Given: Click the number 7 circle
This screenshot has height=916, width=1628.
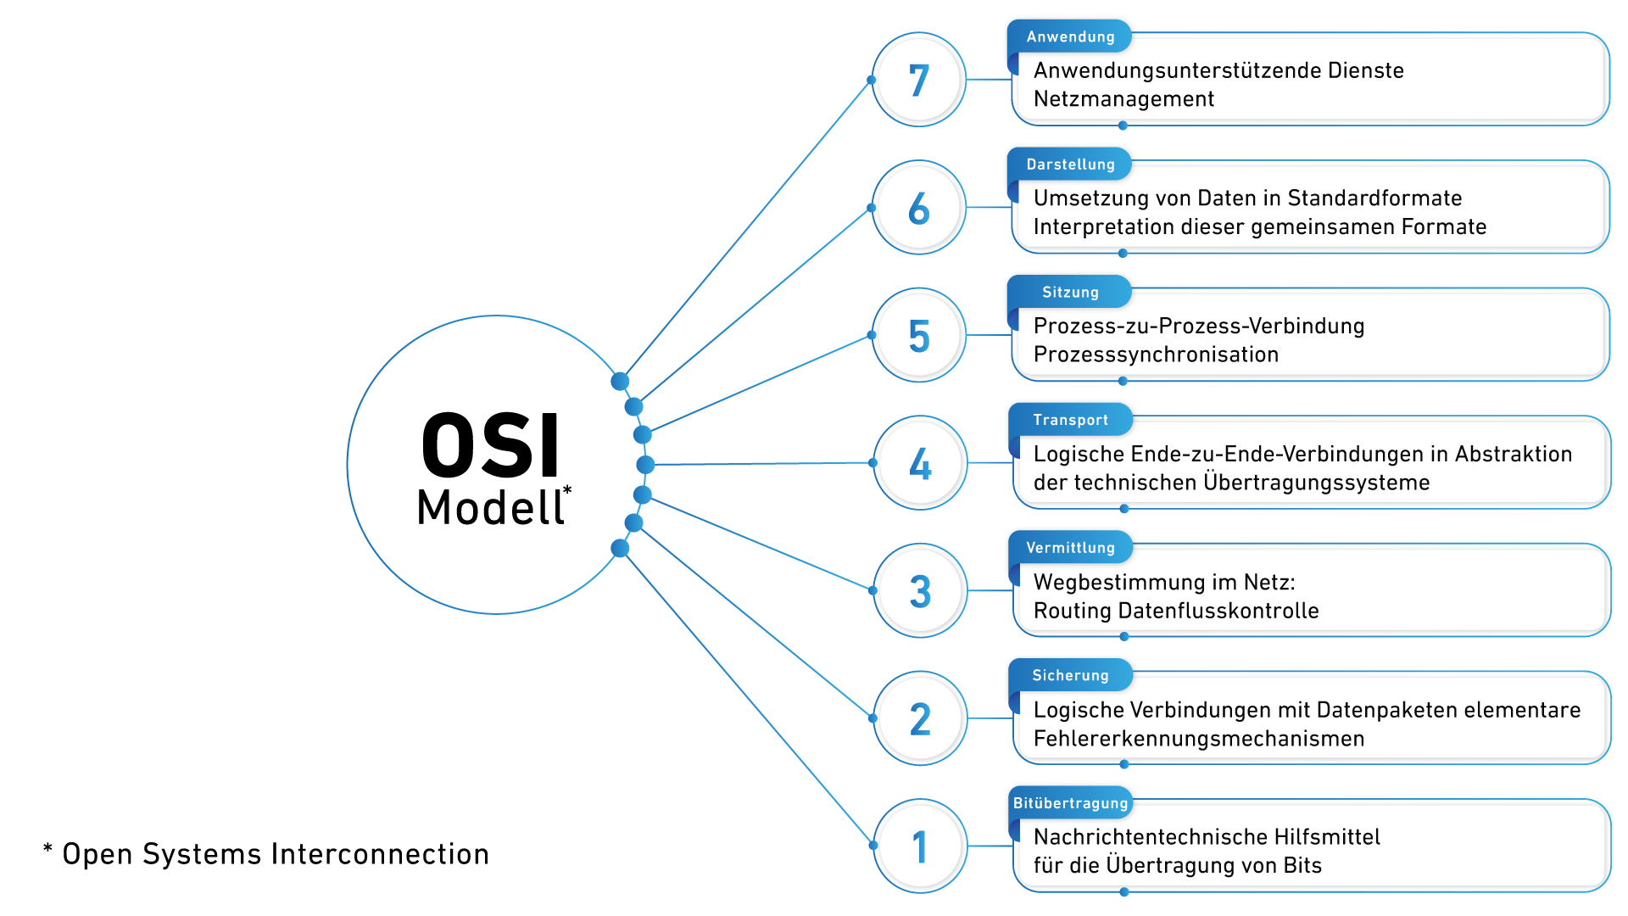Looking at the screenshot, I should tap(919, 81).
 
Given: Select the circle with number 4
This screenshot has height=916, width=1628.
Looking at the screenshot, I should tap(920, 463).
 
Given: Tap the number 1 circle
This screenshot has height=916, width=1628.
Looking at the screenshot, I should tap(920, 846).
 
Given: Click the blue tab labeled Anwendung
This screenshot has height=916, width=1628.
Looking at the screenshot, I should tap(1070, 36).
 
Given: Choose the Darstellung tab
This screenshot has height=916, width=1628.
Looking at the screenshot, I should tap(1070, 165).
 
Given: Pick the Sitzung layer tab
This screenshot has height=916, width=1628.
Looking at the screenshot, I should tap(1070, 293).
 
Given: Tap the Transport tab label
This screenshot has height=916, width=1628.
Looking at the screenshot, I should tap(1070, 420).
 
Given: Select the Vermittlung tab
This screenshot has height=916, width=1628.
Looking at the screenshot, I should tap(1070, 548).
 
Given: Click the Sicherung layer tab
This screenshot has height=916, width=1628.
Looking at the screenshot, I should tap(1070, 676).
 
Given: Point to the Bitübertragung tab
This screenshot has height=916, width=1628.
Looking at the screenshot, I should tap(1070, 803).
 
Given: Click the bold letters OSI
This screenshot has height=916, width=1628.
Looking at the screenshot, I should tap(491, 446).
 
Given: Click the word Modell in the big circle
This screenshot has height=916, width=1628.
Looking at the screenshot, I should tap(490, 508).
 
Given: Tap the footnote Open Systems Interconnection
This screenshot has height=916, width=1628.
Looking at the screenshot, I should tap(276, 854).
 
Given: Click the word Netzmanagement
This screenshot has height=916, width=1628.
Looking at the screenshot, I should tap(1123, 99).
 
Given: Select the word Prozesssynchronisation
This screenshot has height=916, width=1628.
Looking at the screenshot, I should tap(1156, 355).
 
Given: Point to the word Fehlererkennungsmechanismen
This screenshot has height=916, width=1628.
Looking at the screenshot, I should tap(1199, 739).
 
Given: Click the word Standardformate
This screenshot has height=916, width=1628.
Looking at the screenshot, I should tap(1374, 198).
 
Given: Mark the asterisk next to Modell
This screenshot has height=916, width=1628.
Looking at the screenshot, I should tap(567, 491).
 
